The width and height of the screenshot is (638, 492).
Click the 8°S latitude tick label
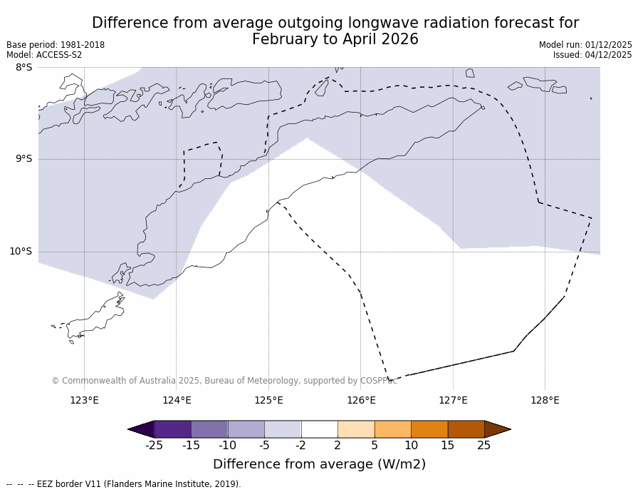pos(23,68)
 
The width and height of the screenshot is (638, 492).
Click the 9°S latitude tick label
pos(23,159)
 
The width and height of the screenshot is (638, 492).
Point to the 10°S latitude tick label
pos(21,251)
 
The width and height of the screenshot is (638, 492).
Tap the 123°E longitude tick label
pos(84,400)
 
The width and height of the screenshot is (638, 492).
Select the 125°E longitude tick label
pos(268,400)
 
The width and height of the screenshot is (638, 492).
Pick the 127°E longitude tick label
pos(453,400)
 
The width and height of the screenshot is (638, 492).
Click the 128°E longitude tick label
pos(545,400)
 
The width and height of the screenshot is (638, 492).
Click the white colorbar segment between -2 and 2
pos(319,429)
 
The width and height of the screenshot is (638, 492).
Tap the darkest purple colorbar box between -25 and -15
pos(172,429)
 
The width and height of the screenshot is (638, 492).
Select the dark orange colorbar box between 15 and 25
pos(466,429)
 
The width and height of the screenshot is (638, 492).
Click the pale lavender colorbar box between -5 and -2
pos(283,429)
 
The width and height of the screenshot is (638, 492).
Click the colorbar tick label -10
pos(227,446)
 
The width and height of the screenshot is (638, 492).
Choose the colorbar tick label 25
pos(483,446)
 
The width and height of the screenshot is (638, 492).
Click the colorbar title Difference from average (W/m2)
pos(319,464)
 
